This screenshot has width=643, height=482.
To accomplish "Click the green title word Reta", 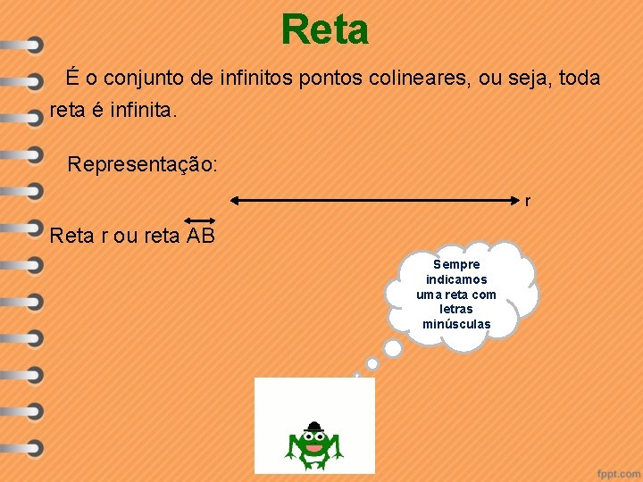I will click(324, 29).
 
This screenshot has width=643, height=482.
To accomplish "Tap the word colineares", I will click(423, 79).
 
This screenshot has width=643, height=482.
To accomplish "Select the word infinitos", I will click(265, 79).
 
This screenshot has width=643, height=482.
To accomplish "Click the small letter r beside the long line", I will click(528, 202).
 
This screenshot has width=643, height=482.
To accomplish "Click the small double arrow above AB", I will click(200, 220).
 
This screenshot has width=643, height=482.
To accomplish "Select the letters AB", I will click(201, 236).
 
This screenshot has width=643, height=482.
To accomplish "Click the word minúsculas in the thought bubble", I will click(456, 324).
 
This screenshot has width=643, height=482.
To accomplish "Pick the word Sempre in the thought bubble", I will click(456, 264).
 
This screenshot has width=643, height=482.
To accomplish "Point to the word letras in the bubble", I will click(456, 309).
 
